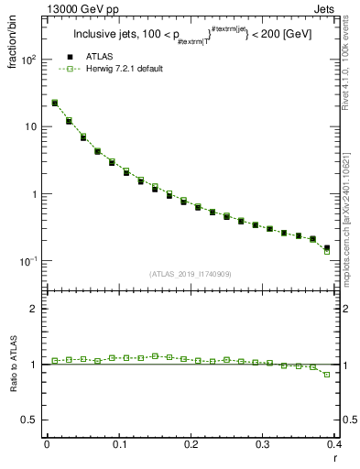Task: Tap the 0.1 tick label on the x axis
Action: click(x=119, y=444)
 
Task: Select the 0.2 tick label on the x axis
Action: click(x=191, y=444)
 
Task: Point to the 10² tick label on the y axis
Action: click(x=30, y=60)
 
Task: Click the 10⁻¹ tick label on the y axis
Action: click(x=29, y=261)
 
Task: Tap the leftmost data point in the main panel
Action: click(x=55, y=103)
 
